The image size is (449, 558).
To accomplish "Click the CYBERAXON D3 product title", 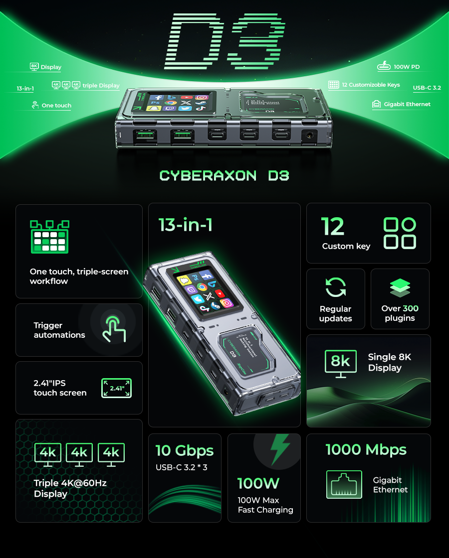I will [x=224, y=175].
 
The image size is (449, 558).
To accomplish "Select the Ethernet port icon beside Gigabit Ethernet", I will [x=344, y=484].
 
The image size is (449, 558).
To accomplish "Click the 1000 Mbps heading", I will [x=366, y=449].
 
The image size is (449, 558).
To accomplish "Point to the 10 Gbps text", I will [x=184, y=450].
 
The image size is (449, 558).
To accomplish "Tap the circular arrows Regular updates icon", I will [x=335, y=287].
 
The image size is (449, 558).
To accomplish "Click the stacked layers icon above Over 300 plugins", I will [x=400, y=288].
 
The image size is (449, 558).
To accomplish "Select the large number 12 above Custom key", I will [x=333, y=227].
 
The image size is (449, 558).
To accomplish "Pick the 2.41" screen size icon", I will [x=116, y=388].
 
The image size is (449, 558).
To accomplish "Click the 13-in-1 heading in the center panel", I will [x=185, y=225].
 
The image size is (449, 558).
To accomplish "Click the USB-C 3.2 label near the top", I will [x=427, y=88].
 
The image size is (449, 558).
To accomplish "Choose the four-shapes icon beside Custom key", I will [x=400, y=233].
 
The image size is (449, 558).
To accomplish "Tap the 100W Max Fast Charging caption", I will [x=265, y=505].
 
